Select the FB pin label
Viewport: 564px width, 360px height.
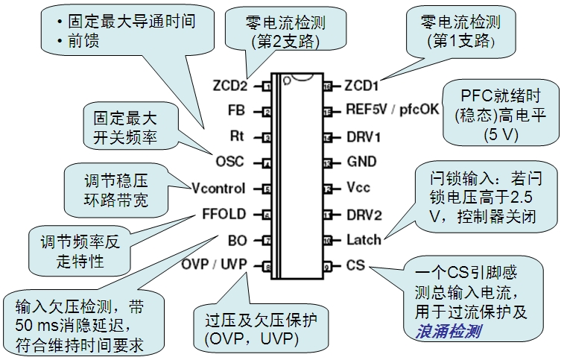236,112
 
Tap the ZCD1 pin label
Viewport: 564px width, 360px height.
363,86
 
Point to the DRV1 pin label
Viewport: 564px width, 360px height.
363,137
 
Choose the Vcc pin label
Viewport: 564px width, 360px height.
358,188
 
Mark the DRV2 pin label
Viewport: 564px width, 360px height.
364,214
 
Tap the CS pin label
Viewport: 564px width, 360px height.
355,265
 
